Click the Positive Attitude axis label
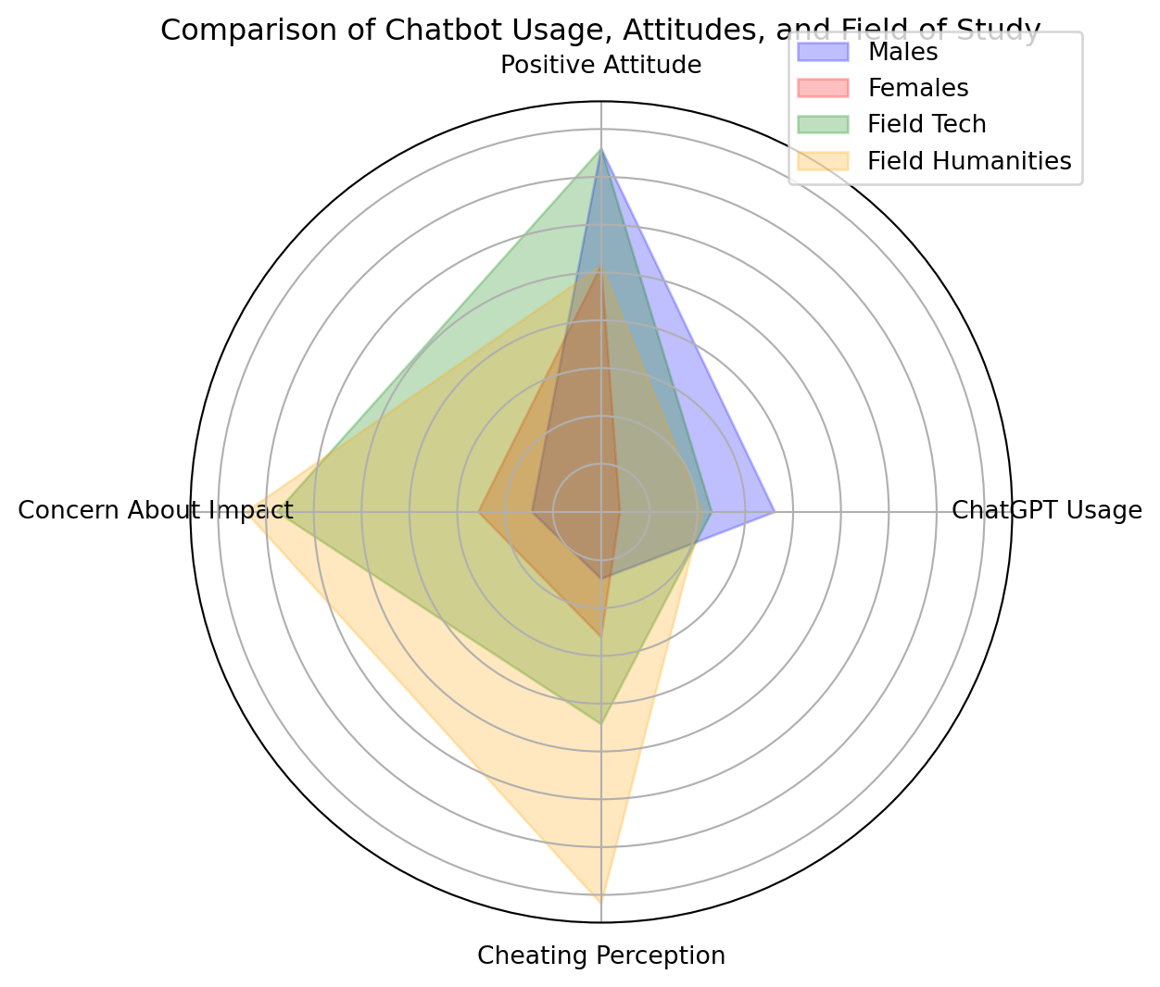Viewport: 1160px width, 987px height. (x=600, y=66)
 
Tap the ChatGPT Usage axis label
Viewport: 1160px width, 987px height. (x=1047, y=510)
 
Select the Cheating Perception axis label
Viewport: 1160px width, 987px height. (x=601, y=956)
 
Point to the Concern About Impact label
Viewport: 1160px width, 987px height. (x=156, y=510)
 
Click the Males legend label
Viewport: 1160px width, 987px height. (x=902, y=52)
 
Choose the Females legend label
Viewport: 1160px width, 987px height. (x=917, y=88)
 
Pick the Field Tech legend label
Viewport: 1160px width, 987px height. (x=927, y=124)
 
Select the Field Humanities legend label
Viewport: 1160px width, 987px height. (x=969, y=161)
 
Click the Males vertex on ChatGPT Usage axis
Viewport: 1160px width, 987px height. (x=774, y=510)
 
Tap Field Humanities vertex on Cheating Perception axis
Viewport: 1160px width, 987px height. (x=601, y=901)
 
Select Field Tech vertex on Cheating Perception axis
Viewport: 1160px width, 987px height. (x=601, y=722)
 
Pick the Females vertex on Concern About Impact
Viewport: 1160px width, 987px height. (x=479, y=510)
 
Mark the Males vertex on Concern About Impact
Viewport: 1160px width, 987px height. (x=533, y=510)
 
